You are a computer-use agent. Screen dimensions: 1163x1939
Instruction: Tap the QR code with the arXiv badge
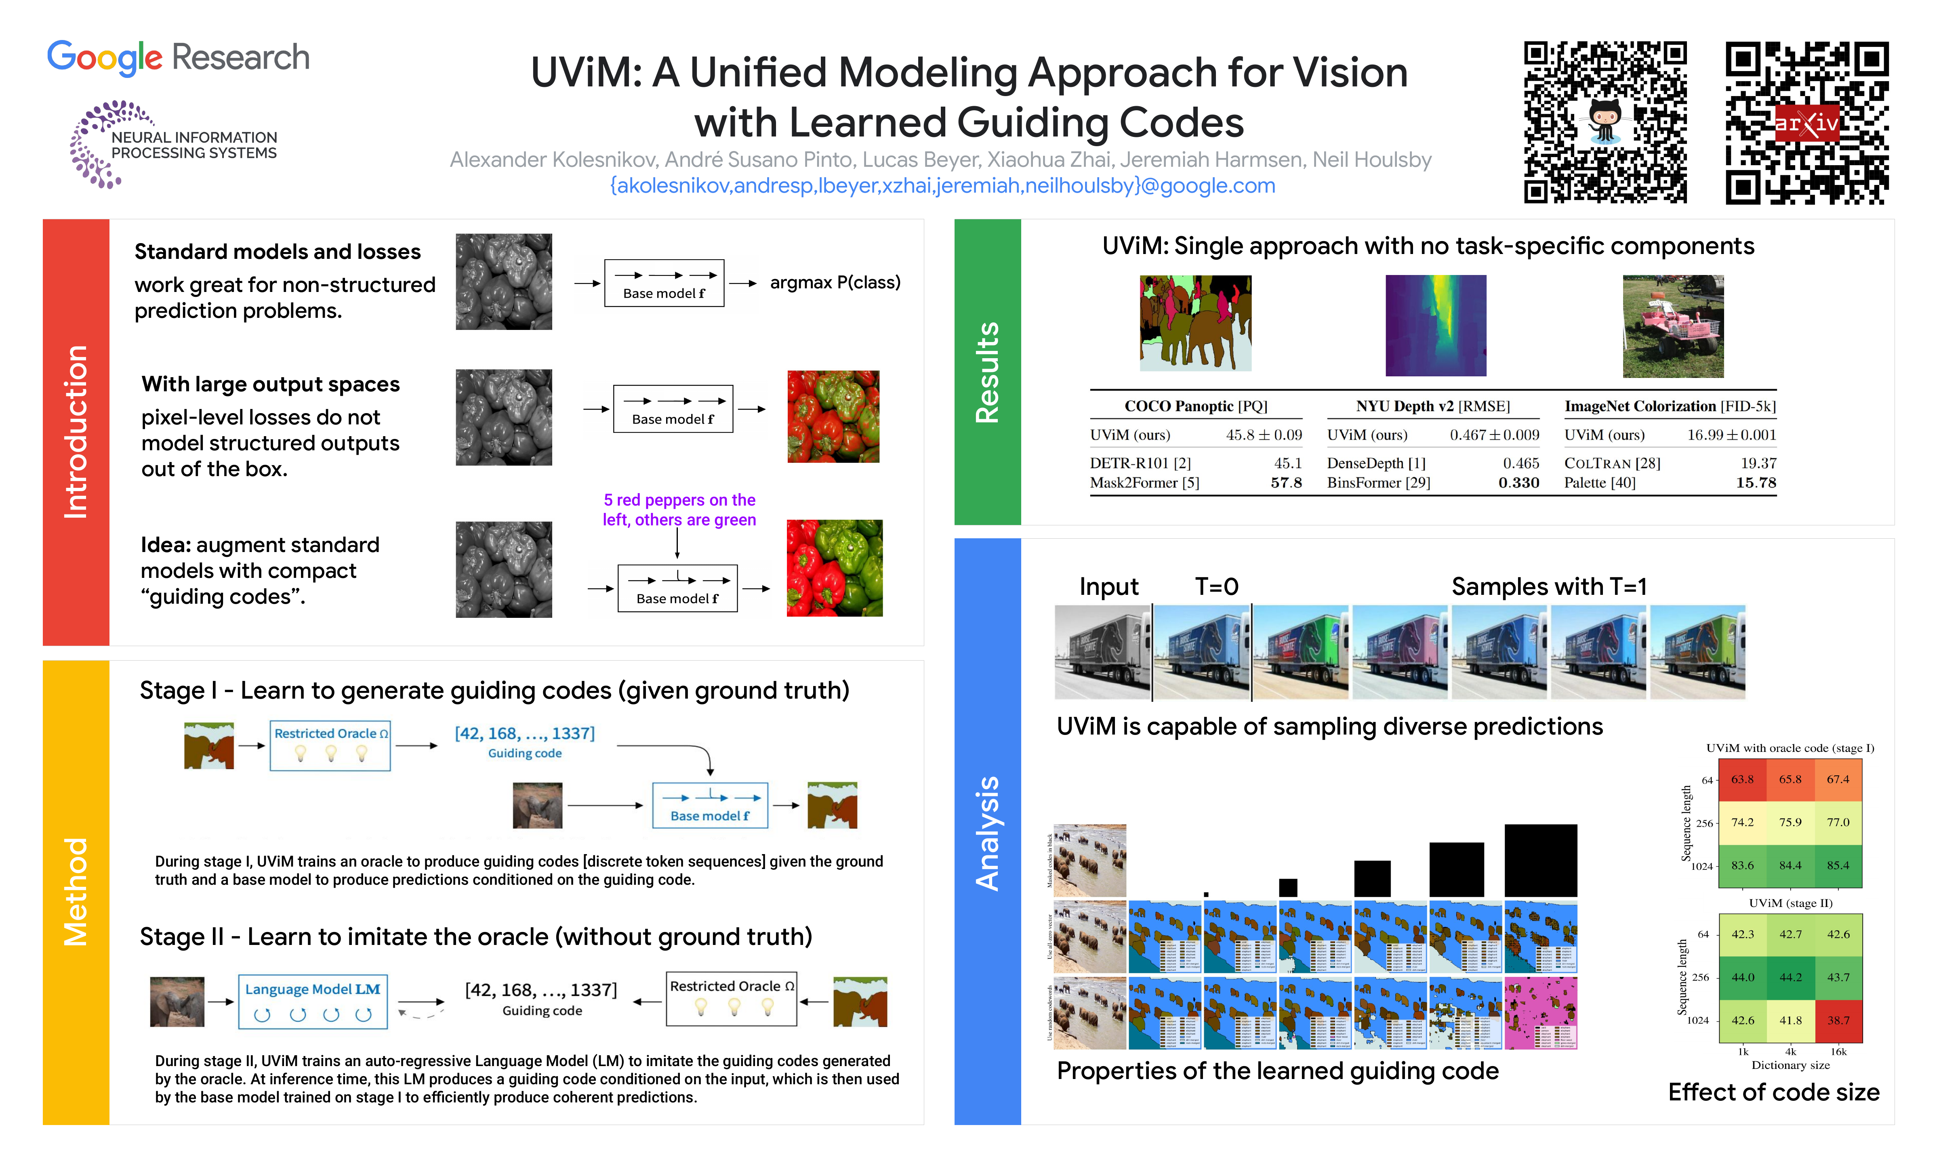(x=1807, y=123)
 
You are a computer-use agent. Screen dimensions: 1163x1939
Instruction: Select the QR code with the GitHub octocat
(x=1605, y=123)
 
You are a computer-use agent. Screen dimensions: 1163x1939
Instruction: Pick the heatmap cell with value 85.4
(x=1838, y=865)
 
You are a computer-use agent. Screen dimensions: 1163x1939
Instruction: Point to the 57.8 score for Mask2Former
(x=1285, y=483)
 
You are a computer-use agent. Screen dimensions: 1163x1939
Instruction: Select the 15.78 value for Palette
(x=1756, y=483)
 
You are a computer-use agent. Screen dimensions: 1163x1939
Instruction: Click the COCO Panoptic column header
(x=1195, y=406)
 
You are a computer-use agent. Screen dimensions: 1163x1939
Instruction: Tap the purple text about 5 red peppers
(x=679, y=509)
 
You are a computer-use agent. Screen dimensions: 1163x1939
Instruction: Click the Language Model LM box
(x=313, y=1001)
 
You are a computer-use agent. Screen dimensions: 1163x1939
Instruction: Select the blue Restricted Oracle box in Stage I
(x=330, y=745)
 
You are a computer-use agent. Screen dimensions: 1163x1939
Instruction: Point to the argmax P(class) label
(x=835, y=282)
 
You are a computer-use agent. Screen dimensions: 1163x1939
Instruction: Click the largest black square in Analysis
(x=1540, y=860)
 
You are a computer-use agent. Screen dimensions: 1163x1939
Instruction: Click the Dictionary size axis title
(x=1790, y=1065)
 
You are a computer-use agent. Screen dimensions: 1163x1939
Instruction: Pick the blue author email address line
(x=942, y=186)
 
